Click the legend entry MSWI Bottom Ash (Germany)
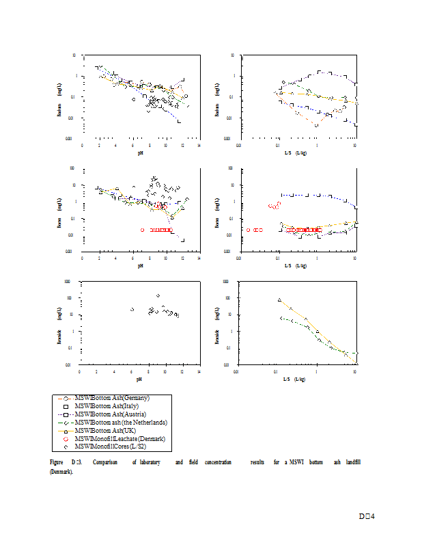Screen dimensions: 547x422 click(112, 397)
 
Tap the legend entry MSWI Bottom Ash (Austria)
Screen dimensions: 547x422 click(111, 414)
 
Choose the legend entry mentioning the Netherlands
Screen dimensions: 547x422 click(121, 422)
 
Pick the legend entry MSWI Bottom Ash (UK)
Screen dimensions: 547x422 click(107, 430)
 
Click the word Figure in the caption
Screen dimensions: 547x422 click(57, 463)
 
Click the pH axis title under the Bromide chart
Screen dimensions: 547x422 click(139, 378)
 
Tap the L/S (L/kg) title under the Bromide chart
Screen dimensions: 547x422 click(296, 378)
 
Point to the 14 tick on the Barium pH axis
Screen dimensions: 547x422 click(199, 145)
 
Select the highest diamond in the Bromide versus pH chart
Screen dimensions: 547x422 click(158, 295)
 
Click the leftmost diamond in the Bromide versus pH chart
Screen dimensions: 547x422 click(132, 310)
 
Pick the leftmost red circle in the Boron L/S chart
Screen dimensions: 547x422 click(248, 230)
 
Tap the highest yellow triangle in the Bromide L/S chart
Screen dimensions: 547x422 click(279, 299)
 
